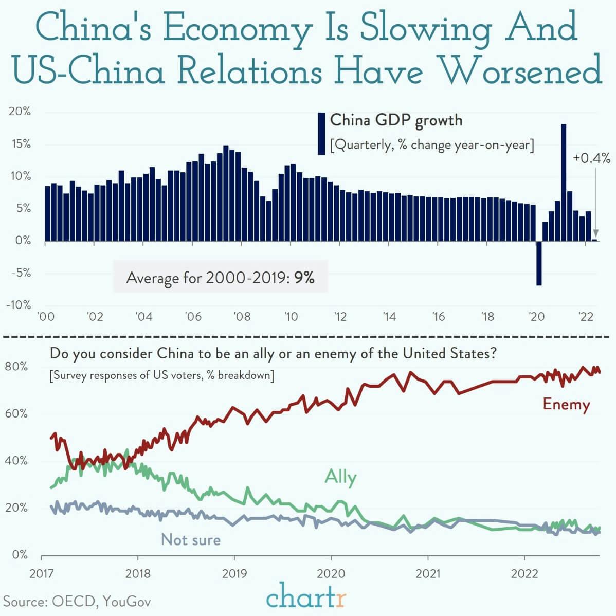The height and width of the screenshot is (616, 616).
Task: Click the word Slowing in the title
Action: coord(426,29)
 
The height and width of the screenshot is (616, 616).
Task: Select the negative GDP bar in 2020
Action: coord(539,263)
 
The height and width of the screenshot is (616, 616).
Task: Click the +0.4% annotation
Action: coord(591,158)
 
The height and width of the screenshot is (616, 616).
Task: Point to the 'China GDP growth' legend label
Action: coord(396,120)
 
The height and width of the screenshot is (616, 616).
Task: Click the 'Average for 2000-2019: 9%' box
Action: coord(220,278)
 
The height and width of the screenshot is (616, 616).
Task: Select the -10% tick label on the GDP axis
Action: coord(19,305)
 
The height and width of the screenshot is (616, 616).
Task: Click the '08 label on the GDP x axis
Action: coord(242,316)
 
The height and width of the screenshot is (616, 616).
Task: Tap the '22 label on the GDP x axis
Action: coord(585,316)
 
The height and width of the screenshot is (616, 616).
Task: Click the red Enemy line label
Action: coord(566,405)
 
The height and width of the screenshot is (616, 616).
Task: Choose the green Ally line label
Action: coord(340,477)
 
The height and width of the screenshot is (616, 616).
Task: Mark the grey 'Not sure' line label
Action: coord(191,539)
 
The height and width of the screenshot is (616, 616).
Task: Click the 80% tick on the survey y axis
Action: coord(15,367)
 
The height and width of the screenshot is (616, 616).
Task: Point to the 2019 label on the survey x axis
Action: coord(234,573)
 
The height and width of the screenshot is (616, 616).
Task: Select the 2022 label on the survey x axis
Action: coord(524,573)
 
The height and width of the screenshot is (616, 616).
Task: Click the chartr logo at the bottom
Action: coord(306,598)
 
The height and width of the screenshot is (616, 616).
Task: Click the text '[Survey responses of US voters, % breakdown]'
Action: coord(161,375)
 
